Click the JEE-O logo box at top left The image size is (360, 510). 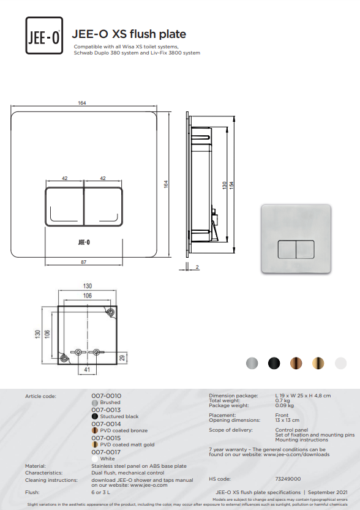pyautogui.click(x=44, y=36)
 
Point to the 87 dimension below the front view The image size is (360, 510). pyautogui.click(x=84, y=262)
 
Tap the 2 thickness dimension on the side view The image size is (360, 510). pyautogui.click(x=197, y=267)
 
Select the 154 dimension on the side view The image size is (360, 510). pyautogui.click(x=231, y=185)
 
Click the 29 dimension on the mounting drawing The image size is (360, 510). pyautogui.click(x=122, y=358)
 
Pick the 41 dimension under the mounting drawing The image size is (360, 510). pyautogui.click(x=87, y=370)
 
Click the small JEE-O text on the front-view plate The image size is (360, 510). pyautogui.click(x=84, y=242)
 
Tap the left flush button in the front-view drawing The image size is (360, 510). pyautogui.click(x=64, y=206)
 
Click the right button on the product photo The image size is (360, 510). pyautogui.click(x=305, y=249)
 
